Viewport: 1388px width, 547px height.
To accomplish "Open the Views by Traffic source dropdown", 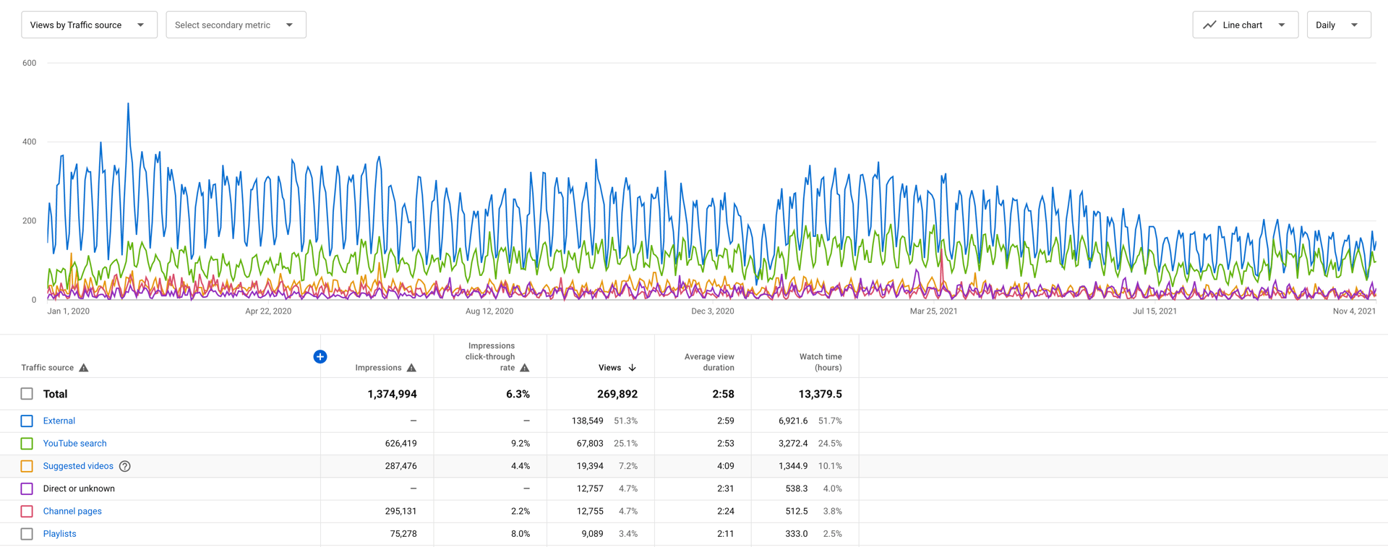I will click(88, 25).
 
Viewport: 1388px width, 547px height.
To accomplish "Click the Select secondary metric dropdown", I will click(236, 25).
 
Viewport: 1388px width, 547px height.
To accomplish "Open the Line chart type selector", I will click(1245, 25).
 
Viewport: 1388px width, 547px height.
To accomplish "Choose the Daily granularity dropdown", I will click(1338, 25).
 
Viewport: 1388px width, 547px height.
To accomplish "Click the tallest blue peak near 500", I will click(129, 105).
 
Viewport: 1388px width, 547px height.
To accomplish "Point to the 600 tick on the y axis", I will click(29, 63).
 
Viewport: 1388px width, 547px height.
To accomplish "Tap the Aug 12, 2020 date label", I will click(489, 311).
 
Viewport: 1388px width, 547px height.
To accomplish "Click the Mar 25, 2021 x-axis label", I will click(933, 311).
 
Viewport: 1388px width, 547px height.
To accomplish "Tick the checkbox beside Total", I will click(27, 394).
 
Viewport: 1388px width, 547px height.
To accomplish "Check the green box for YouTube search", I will click(27, 444).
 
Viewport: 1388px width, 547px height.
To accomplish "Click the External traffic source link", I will click(59, 421).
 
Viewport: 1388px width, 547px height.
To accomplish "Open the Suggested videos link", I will click(78, 466).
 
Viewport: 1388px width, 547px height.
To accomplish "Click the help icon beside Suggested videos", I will click(125, 466).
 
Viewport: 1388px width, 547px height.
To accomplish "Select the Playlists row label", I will click(60, 534).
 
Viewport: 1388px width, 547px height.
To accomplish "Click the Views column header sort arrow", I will click(633, 368).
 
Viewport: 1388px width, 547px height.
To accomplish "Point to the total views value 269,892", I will click(617, 395).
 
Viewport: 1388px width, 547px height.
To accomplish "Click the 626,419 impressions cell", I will click(400, 444).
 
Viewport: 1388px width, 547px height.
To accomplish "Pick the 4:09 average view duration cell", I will click(725, 466).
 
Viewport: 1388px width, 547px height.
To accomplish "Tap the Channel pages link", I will click(72, 512).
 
